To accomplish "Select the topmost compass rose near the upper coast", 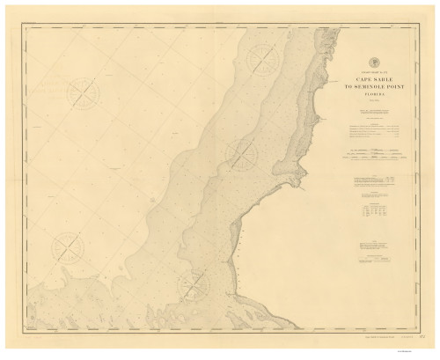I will [262, 59].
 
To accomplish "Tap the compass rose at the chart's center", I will [241, 155].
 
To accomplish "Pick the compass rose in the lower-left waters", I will [66, 247].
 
